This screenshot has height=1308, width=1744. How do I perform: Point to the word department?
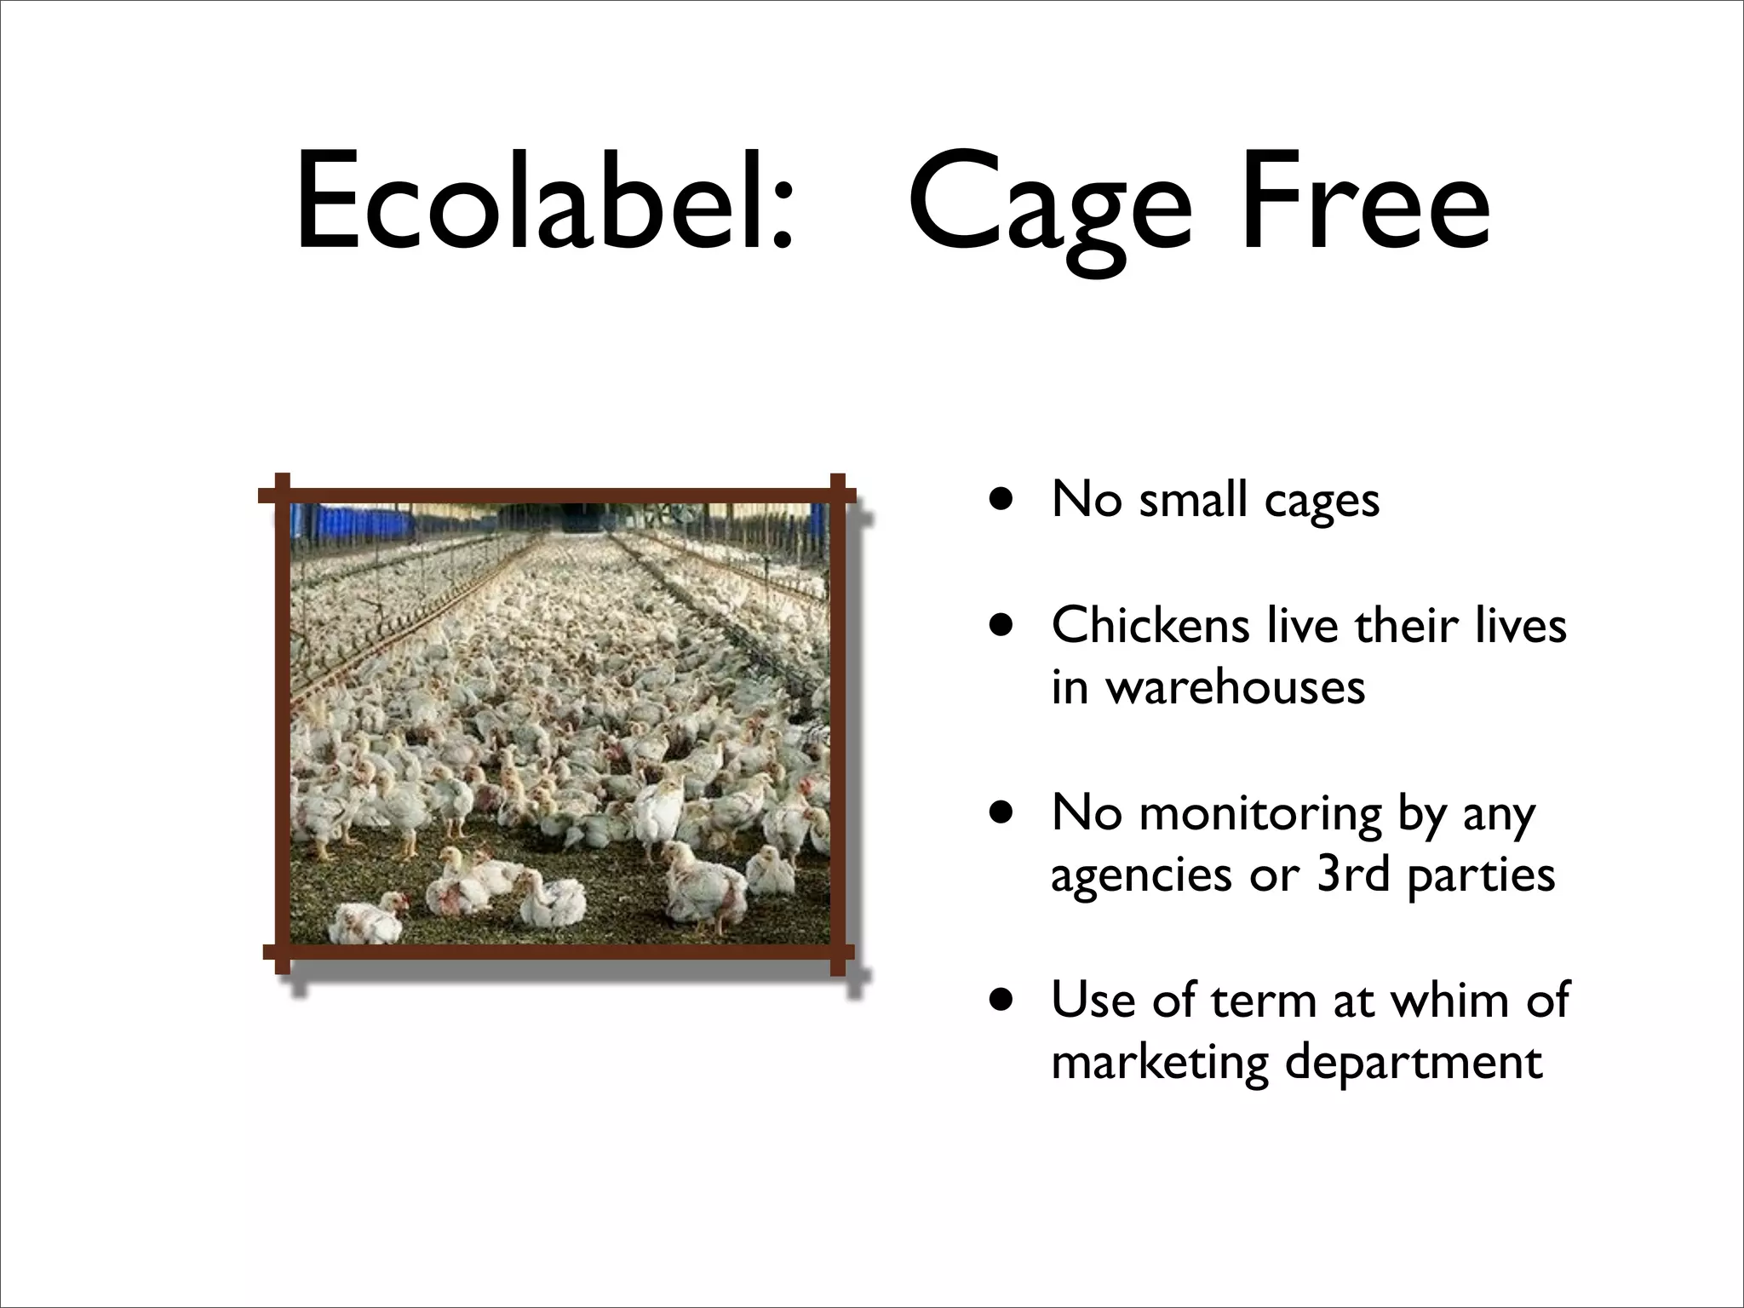[1414, 1063]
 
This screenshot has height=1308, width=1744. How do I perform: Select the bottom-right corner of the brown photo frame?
[836, 952]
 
